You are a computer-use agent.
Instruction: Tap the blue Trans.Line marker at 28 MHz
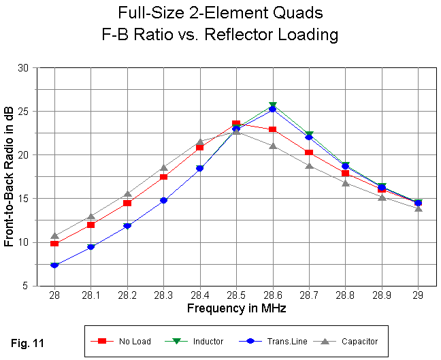coord(54,265)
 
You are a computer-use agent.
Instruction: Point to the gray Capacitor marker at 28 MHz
coord(54,236)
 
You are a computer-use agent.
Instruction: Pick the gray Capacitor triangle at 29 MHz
coord(418,208)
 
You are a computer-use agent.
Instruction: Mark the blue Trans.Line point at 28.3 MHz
coord(163,200)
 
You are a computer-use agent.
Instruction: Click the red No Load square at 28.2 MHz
coord(127,203)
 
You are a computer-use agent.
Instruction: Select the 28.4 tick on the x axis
coord(199,297)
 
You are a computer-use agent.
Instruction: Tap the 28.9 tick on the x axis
coord(381,297)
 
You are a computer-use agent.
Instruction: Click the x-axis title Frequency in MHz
coord(236,308)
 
